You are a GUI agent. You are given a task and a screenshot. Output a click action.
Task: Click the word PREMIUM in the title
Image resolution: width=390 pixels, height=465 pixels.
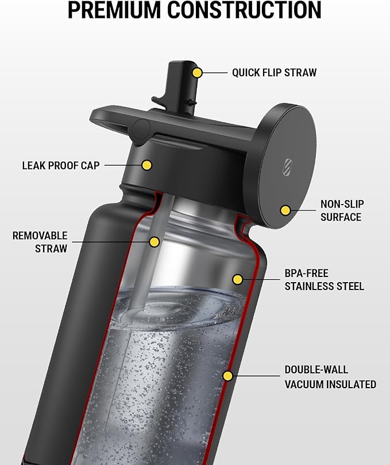(115, 10)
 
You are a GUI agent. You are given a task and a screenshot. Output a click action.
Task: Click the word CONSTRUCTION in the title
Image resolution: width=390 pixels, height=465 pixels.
(244, 10)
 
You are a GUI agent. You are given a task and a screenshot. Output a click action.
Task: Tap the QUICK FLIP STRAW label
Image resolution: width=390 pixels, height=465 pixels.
(274, 73)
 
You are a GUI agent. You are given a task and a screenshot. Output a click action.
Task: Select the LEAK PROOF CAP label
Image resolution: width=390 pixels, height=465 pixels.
(61, 166)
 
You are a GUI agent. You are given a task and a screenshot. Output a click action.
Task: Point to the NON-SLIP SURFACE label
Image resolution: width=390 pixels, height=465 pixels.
(342, 210)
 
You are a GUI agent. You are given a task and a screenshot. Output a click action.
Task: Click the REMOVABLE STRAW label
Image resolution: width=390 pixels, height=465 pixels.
(40, 242)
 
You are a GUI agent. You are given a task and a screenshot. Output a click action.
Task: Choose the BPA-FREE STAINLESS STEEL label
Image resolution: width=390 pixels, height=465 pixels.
(324, 280)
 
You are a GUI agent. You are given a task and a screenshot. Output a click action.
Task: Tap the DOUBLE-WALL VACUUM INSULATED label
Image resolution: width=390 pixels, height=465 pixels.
(330, 377)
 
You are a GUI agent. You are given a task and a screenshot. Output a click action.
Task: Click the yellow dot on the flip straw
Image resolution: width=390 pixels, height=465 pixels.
(197, 73)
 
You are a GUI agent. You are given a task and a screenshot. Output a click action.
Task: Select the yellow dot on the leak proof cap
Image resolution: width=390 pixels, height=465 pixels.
(146, 165)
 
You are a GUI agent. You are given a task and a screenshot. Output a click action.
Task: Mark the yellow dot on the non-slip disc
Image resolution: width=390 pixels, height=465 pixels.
(285, 210)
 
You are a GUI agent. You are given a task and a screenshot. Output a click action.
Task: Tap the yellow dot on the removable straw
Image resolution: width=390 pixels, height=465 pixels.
(154, 242)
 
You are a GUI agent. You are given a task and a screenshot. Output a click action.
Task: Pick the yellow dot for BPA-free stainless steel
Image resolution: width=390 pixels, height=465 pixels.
(237, 279)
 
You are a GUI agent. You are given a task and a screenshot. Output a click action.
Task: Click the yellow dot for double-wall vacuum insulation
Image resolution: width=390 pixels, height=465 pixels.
(228, 376)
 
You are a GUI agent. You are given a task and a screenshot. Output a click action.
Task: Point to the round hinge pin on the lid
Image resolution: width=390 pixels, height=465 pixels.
(141, 129)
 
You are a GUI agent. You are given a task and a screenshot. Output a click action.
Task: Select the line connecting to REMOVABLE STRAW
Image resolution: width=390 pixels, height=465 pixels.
(110, 242)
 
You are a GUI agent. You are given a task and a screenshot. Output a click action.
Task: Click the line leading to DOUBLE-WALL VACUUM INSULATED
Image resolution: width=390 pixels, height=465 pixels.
(256, 376)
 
